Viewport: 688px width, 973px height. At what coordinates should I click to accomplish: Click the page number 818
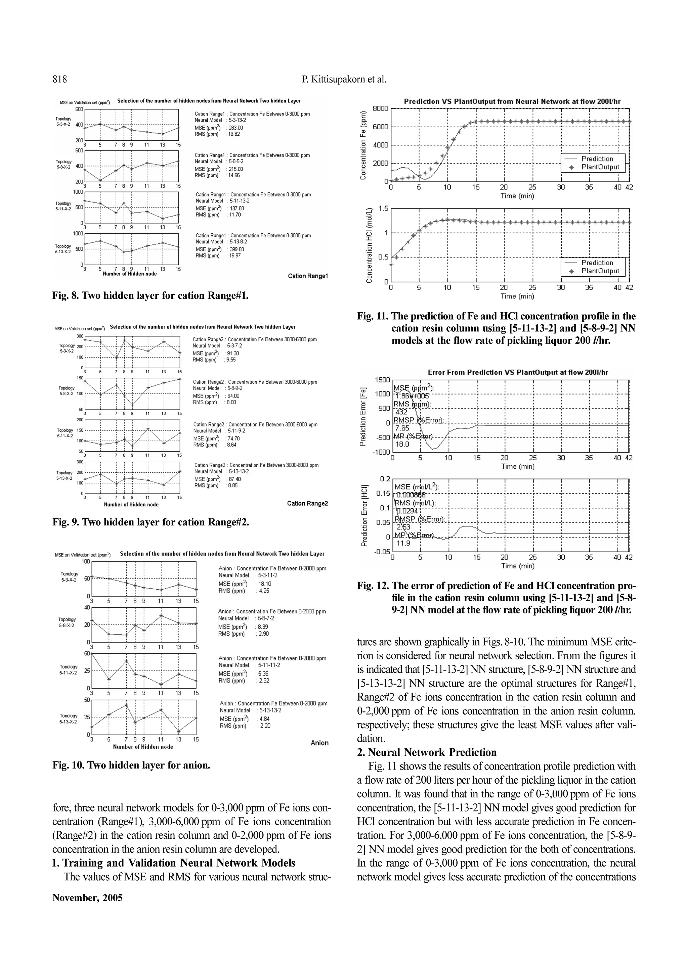pyautogui.click(x=60, y=79)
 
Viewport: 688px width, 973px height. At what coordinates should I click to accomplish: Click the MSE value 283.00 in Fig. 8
pyautogui.click(x=236, y=128)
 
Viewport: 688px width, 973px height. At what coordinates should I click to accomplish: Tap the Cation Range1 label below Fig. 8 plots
pyautogui.click(x=308, y=276)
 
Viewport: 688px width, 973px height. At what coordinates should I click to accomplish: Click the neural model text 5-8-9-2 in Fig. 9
pyautogui.click(x=235, y=388)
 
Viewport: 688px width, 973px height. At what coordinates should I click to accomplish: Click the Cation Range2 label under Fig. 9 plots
pyautogui.click(x=307, y=503)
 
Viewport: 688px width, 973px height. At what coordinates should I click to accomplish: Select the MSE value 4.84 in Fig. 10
pyautogui.click(x=264, y=719)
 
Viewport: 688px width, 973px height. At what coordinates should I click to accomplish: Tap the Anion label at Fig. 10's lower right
pyautogui.click(x=319, y=743)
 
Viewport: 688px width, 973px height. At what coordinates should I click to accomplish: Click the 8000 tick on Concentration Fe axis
pyautogui.click(x=380, y=108)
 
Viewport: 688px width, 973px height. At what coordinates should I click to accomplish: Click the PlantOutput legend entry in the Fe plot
pyautogui.click(x=600, y=167)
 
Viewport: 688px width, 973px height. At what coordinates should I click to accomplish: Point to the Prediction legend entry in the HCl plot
pyautogui.click(x=597, y=263)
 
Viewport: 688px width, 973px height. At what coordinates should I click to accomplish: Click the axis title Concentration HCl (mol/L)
pyautogui.click(x=369, y=245)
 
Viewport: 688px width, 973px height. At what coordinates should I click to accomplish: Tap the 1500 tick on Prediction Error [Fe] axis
pyautogui.click(x=382, y=380)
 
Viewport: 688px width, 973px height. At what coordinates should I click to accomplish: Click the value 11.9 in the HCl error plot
pyautogui.click(x=403, y=543)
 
